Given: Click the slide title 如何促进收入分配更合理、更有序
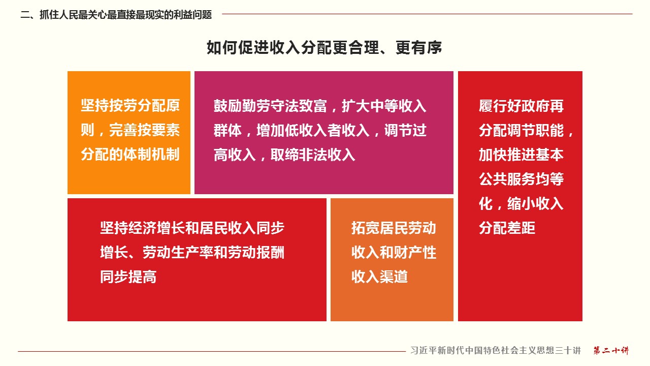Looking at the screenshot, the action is click(x=324, y=48).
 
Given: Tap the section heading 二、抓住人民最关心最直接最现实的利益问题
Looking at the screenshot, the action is click(x=116, y=15).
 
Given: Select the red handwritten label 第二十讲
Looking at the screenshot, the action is click(x=611, y=350).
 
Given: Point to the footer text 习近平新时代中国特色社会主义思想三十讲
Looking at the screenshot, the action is click(x=496, y=350).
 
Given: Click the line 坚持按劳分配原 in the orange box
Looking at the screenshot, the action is click(x=131, y=105).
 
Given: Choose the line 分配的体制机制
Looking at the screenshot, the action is click(x=131, y=154).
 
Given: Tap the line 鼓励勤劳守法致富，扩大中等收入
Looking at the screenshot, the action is click(x=320, y=106).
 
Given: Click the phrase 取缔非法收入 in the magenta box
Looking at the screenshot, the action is click(x=313, y=155).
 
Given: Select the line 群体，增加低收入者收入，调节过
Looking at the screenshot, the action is click(x=320, y=130).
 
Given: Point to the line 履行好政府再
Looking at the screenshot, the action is click(x=521, y=106).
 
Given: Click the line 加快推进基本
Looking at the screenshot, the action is click(x=521, y=155).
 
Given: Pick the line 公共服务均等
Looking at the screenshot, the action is click(x=521, y=179).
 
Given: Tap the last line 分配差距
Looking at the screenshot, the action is click(x=507, y=228).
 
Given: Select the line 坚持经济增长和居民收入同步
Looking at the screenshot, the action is click(x=192, y=228).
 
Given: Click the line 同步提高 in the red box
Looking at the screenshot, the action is click(x=128, y=277).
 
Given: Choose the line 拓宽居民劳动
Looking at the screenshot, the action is click(x=394, y=228).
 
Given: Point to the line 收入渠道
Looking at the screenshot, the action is click(x=379, y=277).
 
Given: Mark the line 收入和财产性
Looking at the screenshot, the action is click(x=394, y=252).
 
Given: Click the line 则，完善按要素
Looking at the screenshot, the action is click(x=131, y=130).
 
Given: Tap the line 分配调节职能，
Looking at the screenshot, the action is click(x=526, y=130).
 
